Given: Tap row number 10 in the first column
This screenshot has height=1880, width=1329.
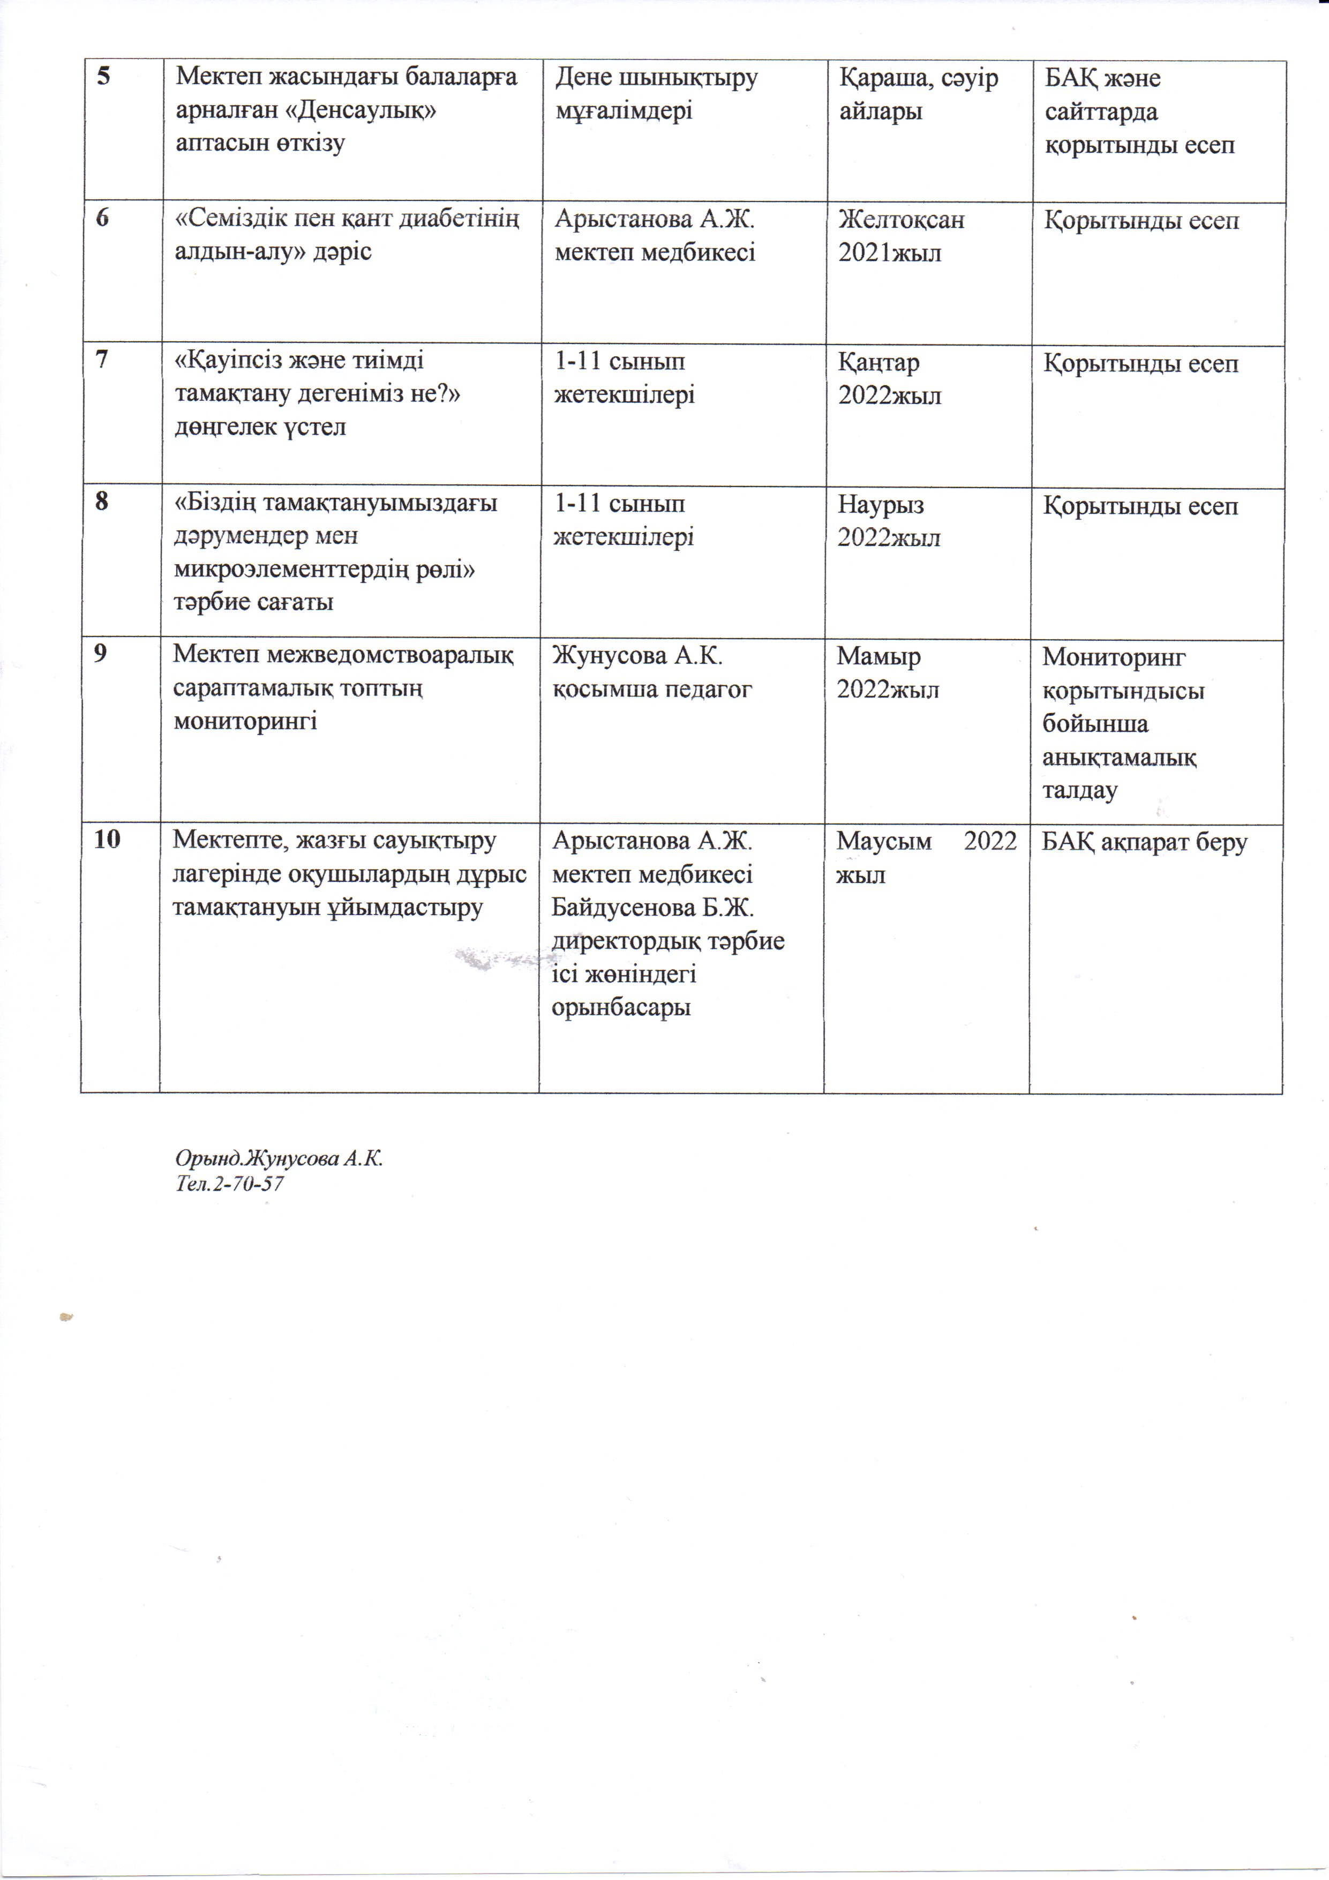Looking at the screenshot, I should (107, 840).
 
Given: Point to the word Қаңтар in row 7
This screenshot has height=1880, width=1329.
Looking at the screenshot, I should (879, 363).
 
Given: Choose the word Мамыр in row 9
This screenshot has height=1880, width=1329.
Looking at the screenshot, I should (879, 657).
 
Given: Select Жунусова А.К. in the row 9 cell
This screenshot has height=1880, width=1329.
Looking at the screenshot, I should (637, 656).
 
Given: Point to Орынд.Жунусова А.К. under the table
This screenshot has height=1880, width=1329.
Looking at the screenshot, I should (279, 1159).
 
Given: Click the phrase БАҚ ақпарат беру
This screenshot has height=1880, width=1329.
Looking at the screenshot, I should (1144, 843).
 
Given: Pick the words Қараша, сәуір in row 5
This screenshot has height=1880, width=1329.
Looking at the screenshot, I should (918, 78).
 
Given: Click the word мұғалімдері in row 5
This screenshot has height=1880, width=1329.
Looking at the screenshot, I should (624, 110).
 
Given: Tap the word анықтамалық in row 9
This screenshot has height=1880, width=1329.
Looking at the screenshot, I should (1118, 758).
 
